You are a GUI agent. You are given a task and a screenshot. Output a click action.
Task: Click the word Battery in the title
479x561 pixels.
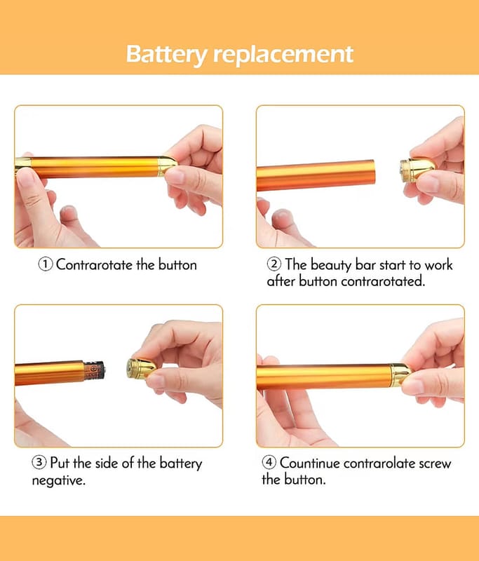point(166,55)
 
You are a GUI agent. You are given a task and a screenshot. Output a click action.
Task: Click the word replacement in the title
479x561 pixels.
point(283,55)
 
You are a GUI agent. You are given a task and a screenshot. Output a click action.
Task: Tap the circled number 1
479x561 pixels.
point(46,264)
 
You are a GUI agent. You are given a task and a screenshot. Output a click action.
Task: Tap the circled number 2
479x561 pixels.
point(274,264)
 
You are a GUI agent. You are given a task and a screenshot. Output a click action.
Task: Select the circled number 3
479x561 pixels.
point(39,462)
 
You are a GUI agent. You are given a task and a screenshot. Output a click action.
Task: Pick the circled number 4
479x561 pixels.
point(269,462)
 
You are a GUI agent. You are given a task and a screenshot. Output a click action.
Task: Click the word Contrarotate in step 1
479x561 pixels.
point(95,265)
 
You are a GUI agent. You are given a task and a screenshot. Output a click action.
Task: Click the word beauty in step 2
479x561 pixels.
point(331,265)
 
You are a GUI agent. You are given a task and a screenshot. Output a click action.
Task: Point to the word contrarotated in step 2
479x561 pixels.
point(383,281)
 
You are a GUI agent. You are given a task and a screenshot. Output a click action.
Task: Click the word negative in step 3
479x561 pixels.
point(58,480)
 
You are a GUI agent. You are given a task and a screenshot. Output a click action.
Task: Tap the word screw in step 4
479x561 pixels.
point(435,464)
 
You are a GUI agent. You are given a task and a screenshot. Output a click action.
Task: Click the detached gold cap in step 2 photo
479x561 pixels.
point(417,170)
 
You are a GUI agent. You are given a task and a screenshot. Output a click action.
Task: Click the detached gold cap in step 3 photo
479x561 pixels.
point(140,368)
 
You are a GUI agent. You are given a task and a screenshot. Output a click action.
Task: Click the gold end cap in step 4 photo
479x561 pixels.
point(401,375)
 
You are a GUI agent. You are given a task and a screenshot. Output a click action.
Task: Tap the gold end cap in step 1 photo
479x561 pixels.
point(168,166)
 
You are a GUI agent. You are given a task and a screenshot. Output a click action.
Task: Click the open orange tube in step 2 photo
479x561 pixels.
point(316,175)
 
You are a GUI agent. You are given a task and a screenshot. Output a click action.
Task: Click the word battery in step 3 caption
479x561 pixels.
point(181,464)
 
